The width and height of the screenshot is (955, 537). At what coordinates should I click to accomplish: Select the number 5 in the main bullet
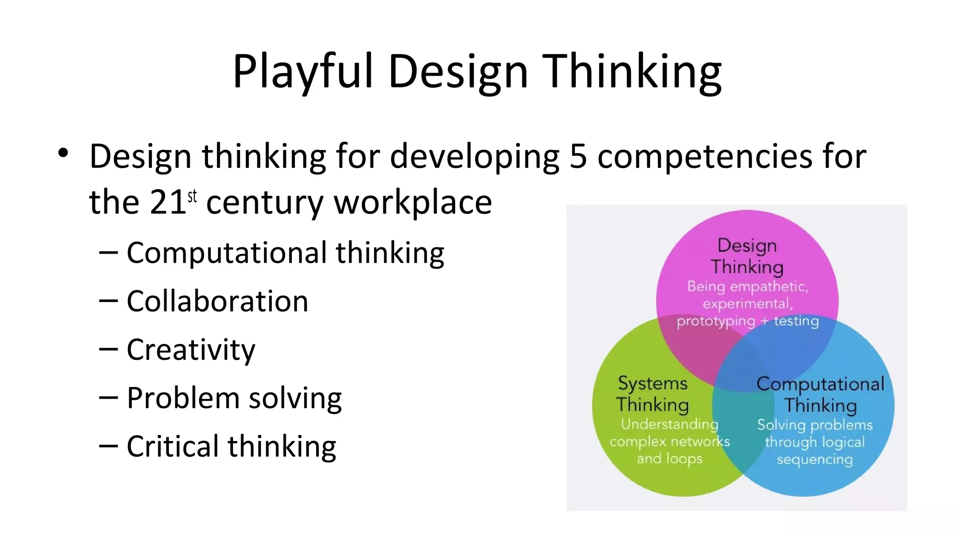(x=578, y=156)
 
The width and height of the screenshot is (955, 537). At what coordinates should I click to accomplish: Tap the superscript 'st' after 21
(x=192, y=196)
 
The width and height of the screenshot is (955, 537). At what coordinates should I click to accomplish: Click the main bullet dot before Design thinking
(x=63, y=153)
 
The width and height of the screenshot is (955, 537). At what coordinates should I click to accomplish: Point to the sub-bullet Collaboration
(x=217, y=301)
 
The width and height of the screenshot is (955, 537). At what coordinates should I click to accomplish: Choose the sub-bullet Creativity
(x=191, y=350)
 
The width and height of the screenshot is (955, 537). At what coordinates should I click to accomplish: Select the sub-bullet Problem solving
(x=234, y=398)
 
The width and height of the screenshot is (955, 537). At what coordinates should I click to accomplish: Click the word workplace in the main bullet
(x=413, y=203)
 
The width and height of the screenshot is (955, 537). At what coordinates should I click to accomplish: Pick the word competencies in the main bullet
(x=705, y=156)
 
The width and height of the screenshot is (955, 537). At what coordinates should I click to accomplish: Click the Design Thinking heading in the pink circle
(x=747, y=256)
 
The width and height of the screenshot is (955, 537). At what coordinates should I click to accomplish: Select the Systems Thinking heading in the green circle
(x=652, y=394)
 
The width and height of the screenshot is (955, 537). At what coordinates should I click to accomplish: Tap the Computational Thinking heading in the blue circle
(x=820, y=394)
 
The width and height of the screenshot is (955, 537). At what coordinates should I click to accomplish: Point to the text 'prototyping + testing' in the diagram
(x=747, y=321)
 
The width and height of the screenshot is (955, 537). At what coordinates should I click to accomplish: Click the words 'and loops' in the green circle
(x=670, y=459)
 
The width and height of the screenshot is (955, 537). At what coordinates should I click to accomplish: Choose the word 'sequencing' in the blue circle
(x=815, y=460)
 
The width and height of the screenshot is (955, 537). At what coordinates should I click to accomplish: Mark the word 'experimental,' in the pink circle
(x=747, y=304)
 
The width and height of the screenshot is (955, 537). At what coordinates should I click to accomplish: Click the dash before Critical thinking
(x=108, y=446)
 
